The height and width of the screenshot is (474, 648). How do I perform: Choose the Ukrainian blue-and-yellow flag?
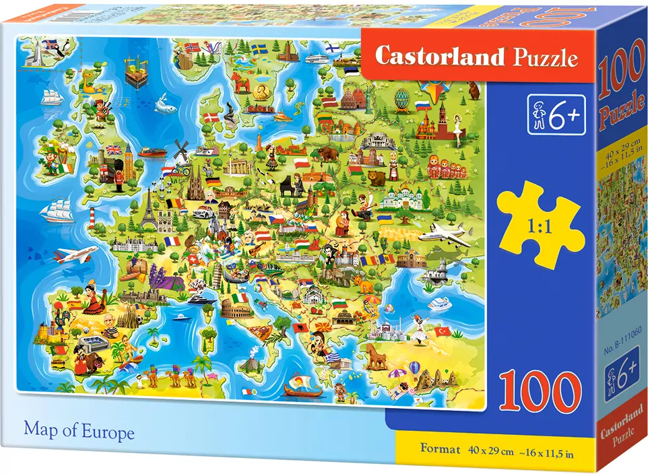(x=386, y=219)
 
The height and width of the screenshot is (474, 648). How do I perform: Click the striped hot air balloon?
(x=415, y=368)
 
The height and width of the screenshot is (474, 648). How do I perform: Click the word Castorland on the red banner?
(x=439, y=57)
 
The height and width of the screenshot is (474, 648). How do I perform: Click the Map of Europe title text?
(x=79, y=432)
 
